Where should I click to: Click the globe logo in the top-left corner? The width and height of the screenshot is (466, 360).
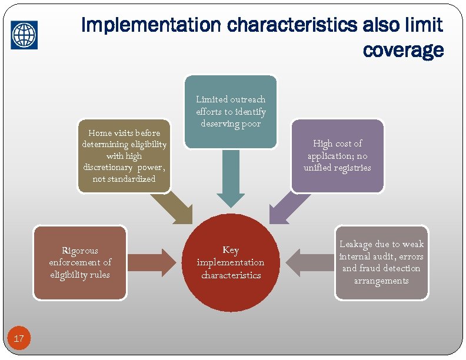tap(24, 35)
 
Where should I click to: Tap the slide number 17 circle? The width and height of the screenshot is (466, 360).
tap(19, 338)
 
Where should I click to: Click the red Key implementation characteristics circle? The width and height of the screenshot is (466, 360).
tap(231, 262)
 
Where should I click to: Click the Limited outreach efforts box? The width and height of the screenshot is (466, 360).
tap(231, 111)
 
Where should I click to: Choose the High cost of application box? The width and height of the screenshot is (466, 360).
tap(337, 156)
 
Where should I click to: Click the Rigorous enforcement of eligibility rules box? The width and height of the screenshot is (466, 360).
tap(80, 263)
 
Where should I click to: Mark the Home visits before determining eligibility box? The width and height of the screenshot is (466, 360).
tap(124, 156)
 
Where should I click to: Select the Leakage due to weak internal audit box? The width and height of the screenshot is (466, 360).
tap(381, 262)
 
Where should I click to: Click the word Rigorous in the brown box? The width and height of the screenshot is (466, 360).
tap(80, 251)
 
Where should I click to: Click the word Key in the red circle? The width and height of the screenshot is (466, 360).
tap(231, 250)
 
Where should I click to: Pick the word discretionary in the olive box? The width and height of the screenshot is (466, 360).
tap(109, 167)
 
